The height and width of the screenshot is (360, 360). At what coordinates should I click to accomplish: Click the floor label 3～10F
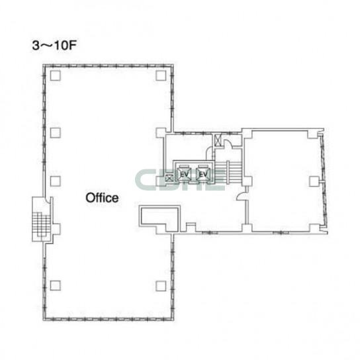point(54,46)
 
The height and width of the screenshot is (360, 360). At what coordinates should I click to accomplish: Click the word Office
point(102,198)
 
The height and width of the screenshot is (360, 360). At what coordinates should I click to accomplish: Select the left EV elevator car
point(184,174)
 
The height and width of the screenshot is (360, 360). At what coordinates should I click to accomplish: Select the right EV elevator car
point(203,174)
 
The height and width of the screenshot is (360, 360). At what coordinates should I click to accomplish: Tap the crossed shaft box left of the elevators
point(169,178)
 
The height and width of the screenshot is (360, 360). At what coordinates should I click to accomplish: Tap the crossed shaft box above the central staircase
point(218,140)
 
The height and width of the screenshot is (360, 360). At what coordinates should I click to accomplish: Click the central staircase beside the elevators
point(228,173)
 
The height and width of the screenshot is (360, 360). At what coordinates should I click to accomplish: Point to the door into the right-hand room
point(242,197)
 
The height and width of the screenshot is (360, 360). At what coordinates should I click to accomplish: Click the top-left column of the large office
point(56,75)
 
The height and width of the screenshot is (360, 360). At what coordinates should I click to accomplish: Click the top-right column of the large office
point(161,75)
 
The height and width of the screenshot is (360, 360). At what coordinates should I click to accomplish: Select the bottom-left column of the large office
point(56,286)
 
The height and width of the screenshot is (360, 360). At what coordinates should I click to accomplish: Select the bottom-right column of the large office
point(161,286)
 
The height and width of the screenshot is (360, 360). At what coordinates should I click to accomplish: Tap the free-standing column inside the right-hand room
point(314,181)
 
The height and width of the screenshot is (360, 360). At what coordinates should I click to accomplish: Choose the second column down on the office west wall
point(56,133)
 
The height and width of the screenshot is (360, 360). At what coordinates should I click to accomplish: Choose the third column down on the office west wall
point(56,181)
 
